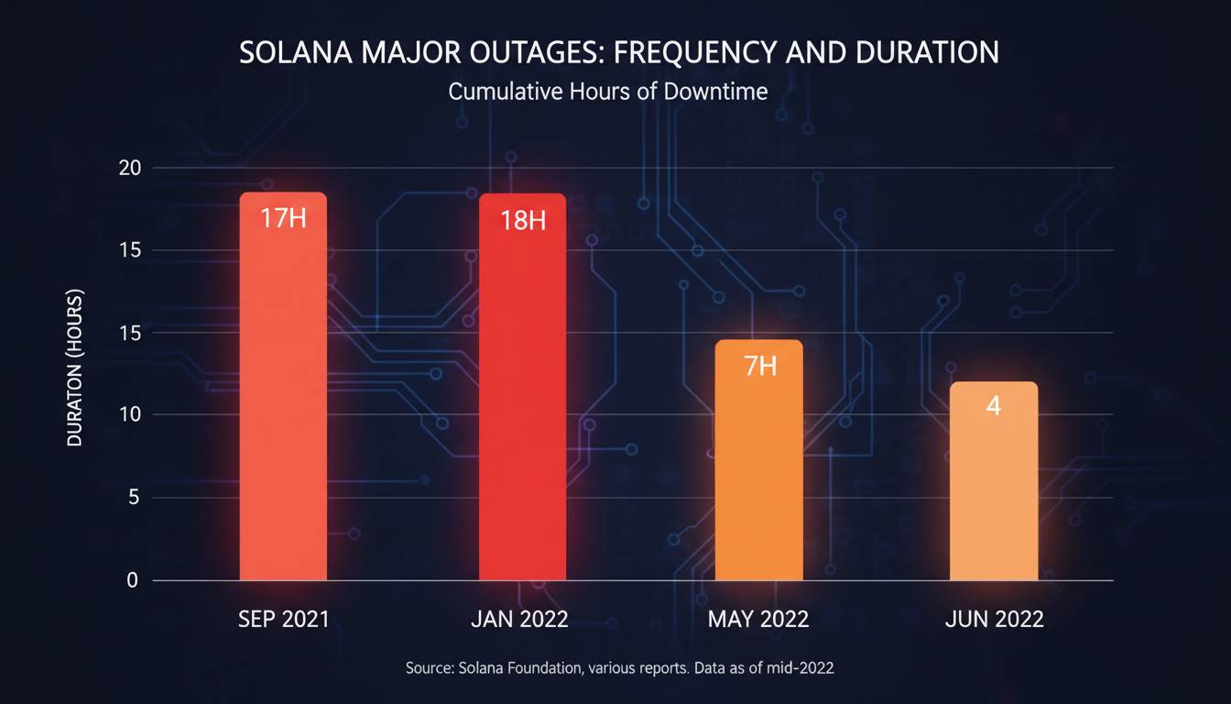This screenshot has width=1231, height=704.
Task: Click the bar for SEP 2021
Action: point(283,394)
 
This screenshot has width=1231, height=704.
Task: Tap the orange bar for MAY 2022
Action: point(758,467)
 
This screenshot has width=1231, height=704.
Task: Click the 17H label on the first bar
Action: point(283,219)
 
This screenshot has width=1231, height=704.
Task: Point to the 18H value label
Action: point(523,221)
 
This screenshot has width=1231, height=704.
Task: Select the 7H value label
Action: point(759,367)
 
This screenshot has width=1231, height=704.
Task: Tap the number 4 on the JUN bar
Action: point(994,406)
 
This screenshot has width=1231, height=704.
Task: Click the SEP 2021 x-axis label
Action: point(283,619)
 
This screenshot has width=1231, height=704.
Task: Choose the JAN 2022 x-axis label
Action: point(519,619)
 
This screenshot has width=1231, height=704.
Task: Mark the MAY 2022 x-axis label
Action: point(758,619)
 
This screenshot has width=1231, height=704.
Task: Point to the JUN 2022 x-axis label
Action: point(994,619)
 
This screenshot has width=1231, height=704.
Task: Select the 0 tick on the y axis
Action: point(133,580)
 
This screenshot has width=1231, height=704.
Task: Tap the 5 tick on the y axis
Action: point(133,498)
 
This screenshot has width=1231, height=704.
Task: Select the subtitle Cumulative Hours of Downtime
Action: point(608,92)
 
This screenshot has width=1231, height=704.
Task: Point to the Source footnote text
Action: point(619,669)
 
